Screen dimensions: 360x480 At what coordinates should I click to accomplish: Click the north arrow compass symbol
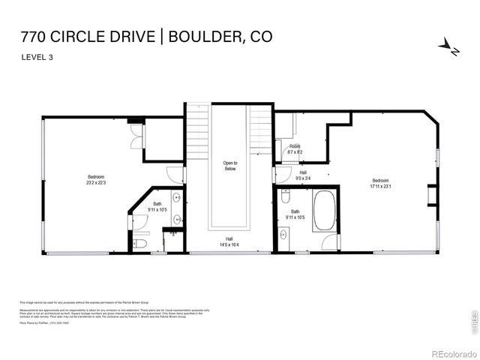[448, 46]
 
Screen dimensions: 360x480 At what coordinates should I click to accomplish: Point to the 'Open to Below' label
[229, 166]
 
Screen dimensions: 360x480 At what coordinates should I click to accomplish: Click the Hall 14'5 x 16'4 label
[229, 241]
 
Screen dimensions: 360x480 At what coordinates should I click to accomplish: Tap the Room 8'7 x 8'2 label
[295, 148]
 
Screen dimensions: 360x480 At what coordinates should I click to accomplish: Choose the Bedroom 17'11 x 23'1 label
[381, 184]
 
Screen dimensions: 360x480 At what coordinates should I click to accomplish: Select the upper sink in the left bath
[177, 198]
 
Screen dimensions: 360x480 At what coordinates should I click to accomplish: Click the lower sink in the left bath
[177, 220]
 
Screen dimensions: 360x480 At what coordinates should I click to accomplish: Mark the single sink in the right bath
[283, 234]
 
